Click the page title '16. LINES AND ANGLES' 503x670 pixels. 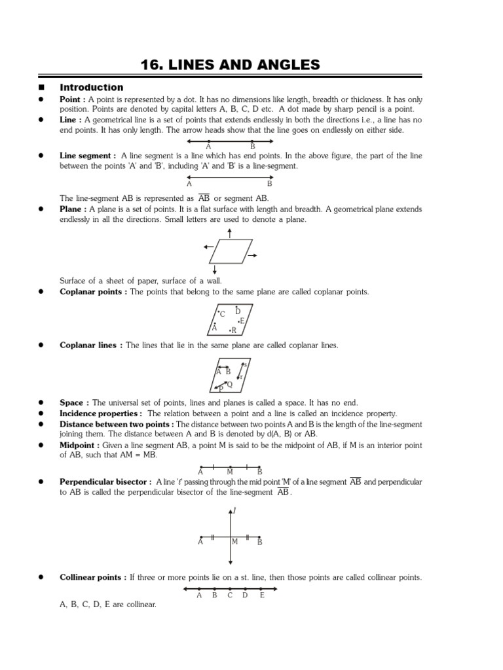click(x=231, y=64)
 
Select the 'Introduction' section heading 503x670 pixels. click(x=91, y=87)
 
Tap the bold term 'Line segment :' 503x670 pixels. click(x=88, y=156)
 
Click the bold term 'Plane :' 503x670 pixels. click(x=73, y=209)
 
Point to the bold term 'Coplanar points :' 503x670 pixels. click(x=93, y=292)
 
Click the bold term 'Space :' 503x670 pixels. click(x=75, y=403)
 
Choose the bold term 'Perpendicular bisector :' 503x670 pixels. click(x=105, y=482)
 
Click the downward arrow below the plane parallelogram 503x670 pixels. click(x=215, y=268)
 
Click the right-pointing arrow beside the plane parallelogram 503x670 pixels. click(x=253, y=255)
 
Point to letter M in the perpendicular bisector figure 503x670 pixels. click(x=234, y=542)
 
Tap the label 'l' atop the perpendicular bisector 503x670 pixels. click(x=234, y=510)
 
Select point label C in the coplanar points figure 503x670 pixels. click(x=223, y=315)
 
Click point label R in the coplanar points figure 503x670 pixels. click(x=234, y=331)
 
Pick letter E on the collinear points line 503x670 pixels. click(x=262, y=595)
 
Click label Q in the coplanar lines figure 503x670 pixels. click(x=229, y=384)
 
